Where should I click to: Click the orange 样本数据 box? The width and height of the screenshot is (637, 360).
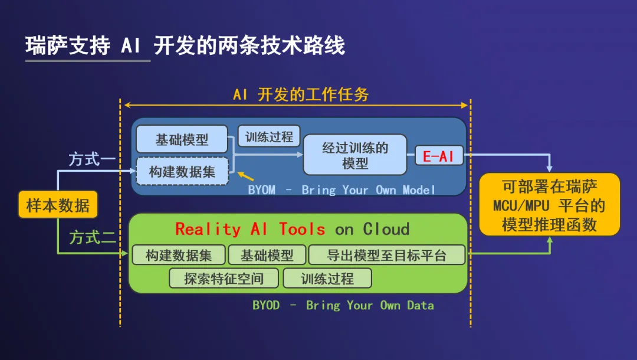click(x=58, y=205)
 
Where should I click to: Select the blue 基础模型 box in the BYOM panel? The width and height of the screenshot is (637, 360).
click(x=182, y=139)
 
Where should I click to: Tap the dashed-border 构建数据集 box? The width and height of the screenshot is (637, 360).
click(x=182, y=172)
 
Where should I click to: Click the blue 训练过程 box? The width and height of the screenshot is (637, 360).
click(x=269, y=136)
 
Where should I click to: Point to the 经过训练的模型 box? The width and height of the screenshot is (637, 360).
click(x=355, y=155)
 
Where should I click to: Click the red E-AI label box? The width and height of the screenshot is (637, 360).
click(x=439, y=156)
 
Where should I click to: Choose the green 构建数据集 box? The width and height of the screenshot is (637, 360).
click(x=179, y=255)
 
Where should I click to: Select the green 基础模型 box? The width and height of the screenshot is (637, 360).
click(x=267, y=255)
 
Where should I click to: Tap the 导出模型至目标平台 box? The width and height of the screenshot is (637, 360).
click(x=387, y=255)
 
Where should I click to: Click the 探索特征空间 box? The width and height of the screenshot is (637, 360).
click(x=224, y=279)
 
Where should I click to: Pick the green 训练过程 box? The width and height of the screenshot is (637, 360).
click(x=327, y=279)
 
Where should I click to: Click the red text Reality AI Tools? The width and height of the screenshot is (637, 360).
click(x=250, y=229)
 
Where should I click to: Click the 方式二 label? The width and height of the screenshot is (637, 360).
click(x=93, y=237)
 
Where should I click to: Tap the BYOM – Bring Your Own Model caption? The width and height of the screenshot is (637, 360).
click(x=342, y=190)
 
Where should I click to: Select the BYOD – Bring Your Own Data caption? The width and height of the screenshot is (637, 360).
click(x=343, y=305)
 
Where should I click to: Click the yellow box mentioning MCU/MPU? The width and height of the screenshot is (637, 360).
click(x=550, y=205)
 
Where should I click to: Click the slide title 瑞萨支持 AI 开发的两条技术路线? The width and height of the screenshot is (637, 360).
click(x=185, y=45)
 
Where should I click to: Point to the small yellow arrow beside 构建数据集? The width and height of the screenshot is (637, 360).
click(x=246, y=176)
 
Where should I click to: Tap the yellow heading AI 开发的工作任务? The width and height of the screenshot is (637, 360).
click(x=301, y=94)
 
